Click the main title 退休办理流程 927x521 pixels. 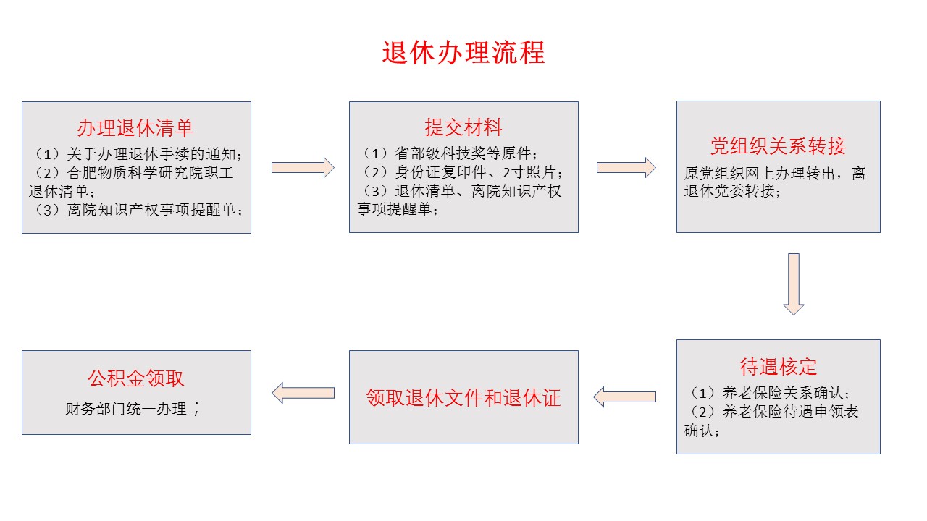point(463,53)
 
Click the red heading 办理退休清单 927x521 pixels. point(135,128)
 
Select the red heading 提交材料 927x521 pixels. point(463,128)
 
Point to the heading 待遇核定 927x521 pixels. point(778,367)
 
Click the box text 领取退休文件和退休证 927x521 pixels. point(463,397)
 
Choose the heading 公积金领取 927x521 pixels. point(135,378)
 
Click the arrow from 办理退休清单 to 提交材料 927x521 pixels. point(303,168)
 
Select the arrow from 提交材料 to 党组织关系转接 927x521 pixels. point(626,168)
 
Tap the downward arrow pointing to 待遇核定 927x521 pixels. point(794,284)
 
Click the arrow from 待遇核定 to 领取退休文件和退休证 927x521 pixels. point(624,397)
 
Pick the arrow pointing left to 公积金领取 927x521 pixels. point(303,393)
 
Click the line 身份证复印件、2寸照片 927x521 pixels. point(463,173)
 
